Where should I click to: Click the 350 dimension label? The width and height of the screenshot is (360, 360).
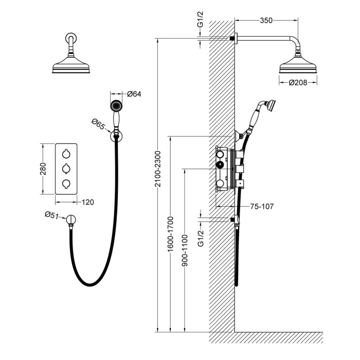(266, 21)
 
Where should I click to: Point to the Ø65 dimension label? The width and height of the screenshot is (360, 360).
(99, 123)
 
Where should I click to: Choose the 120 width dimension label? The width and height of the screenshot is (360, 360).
(88, 202)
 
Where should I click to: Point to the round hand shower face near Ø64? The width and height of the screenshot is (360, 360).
(116, 106)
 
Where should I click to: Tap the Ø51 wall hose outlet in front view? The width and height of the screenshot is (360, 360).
(71, 221)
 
